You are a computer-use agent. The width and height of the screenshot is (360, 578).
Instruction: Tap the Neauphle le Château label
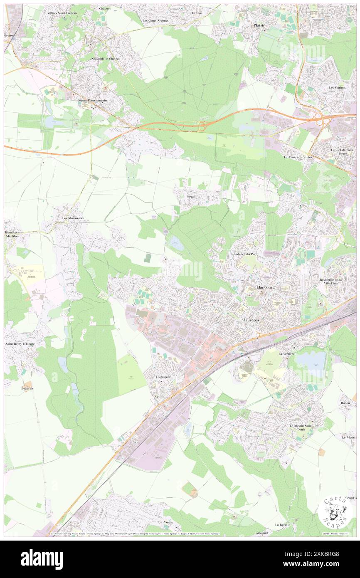pos(106,59)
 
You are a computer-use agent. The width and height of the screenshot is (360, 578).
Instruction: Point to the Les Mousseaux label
pos(73,218)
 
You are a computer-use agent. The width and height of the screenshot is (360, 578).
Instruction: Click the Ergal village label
pos(191,196)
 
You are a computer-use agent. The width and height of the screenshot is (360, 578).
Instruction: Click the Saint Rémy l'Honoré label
pos(20,344)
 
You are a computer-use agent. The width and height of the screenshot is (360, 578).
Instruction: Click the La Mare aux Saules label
pos(298,157)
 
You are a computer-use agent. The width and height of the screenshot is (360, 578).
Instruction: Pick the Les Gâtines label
pos(337,88)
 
